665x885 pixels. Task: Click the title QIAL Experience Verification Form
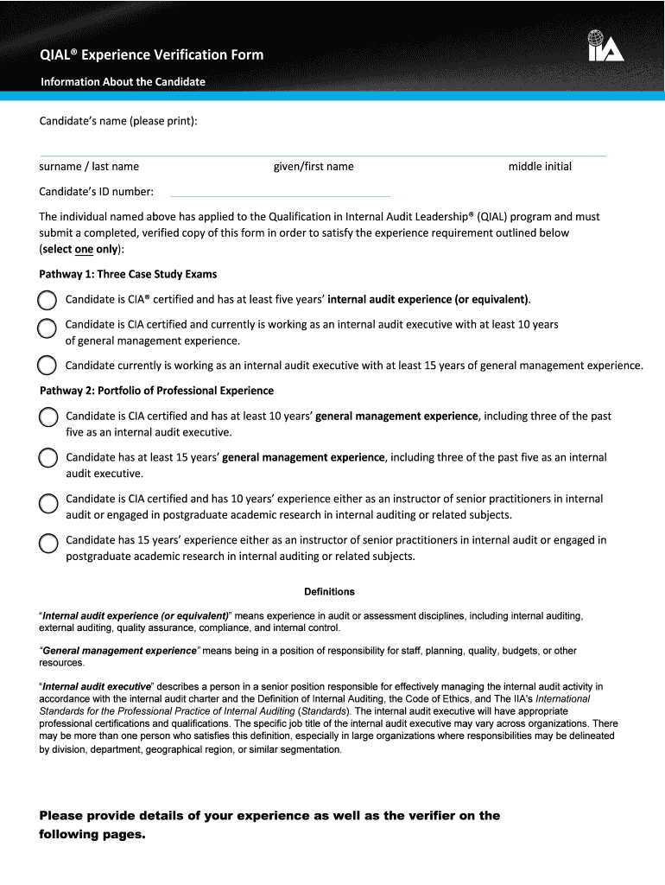pos(151,55)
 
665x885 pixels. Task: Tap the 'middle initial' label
pos(540,167)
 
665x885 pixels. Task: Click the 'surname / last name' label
pos(89,167)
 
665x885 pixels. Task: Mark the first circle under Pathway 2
pos(48,417)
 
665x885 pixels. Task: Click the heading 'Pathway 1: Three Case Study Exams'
pos(128,274)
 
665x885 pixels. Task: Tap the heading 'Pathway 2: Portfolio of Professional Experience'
pos(156,391)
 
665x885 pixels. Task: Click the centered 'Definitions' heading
pos(329,592)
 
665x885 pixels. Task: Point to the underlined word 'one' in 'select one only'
pos(84,249)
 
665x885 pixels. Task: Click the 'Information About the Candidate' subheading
pos(123,82)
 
